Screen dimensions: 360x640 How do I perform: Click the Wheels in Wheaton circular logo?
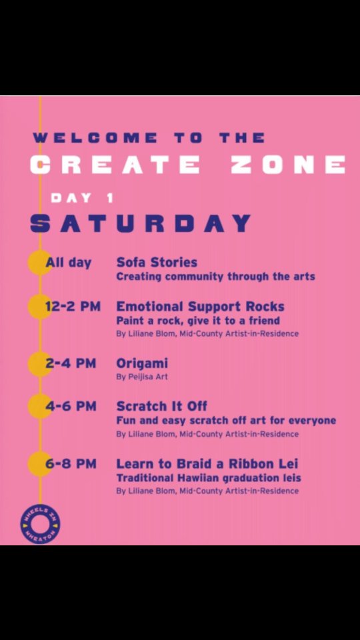[40, 524]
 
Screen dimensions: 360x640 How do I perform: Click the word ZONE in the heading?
[288, 165]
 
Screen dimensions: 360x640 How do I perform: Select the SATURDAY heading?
[141, 224]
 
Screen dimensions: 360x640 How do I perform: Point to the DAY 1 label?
[81, 199]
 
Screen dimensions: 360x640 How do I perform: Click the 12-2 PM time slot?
[73, 307]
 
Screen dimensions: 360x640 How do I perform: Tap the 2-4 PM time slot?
[71, 363]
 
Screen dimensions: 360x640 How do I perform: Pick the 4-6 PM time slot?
[71, 407]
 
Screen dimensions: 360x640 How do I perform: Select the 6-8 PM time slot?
[71, 464]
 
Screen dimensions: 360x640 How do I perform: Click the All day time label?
[69, 263]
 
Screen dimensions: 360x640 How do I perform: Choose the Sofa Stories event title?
[157, 262]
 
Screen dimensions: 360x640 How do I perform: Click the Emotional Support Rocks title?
[201, 307]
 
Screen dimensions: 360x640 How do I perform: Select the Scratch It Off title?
[161, 406]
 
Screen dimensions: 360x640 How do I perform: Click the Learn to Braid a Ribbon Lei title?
[207, 464]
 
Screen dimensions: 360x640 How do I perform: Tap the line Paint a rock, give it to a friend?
[198, 321]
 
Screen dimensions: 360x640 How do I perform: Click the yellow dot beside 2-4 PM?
[39, 364]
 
